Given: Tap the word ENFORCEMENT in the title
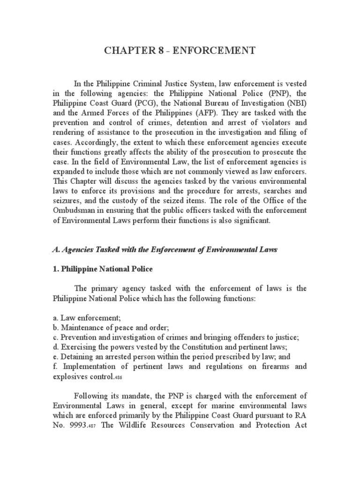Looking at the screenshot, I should (x=219, y=51).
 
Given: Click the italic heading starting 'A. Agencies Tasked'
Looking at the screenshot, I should (x=165, y=250).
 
